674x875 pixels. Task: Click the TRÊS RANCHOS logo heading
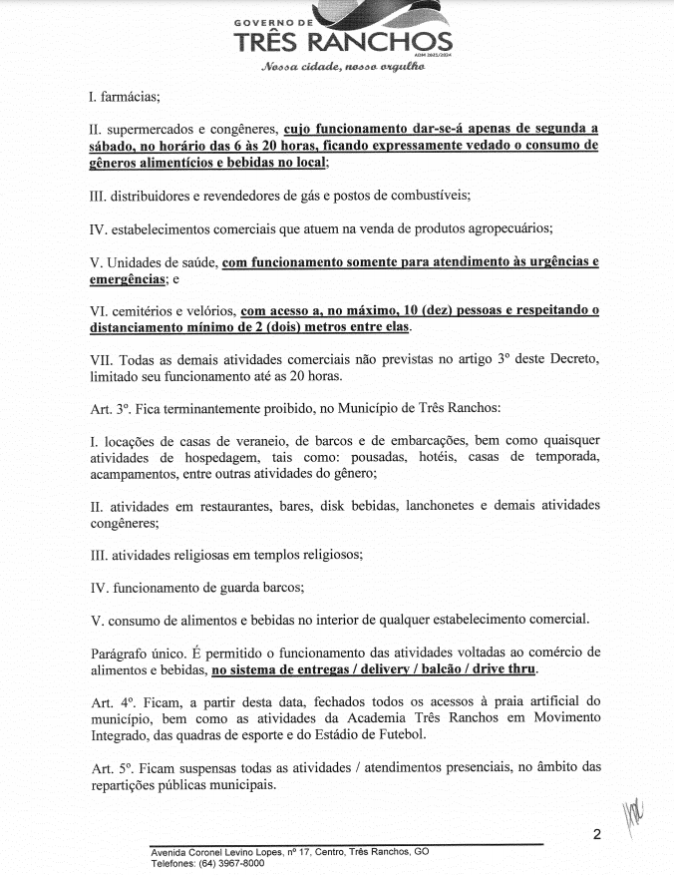342,42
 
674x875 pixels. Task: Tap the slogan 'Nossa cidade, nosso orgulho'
343,68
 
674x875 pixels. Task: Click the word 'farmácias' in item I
129,97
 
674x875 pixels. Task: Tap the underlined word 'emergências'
128,278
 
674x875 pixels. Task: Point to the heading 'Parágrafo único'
142,653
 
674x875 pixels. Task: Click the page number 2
596,835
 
